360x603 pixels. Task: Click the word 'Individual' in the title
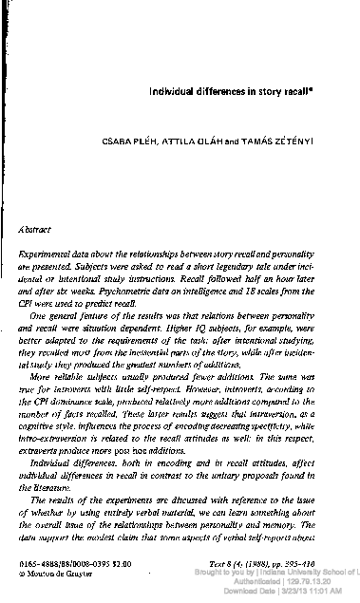coord(169,92)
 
